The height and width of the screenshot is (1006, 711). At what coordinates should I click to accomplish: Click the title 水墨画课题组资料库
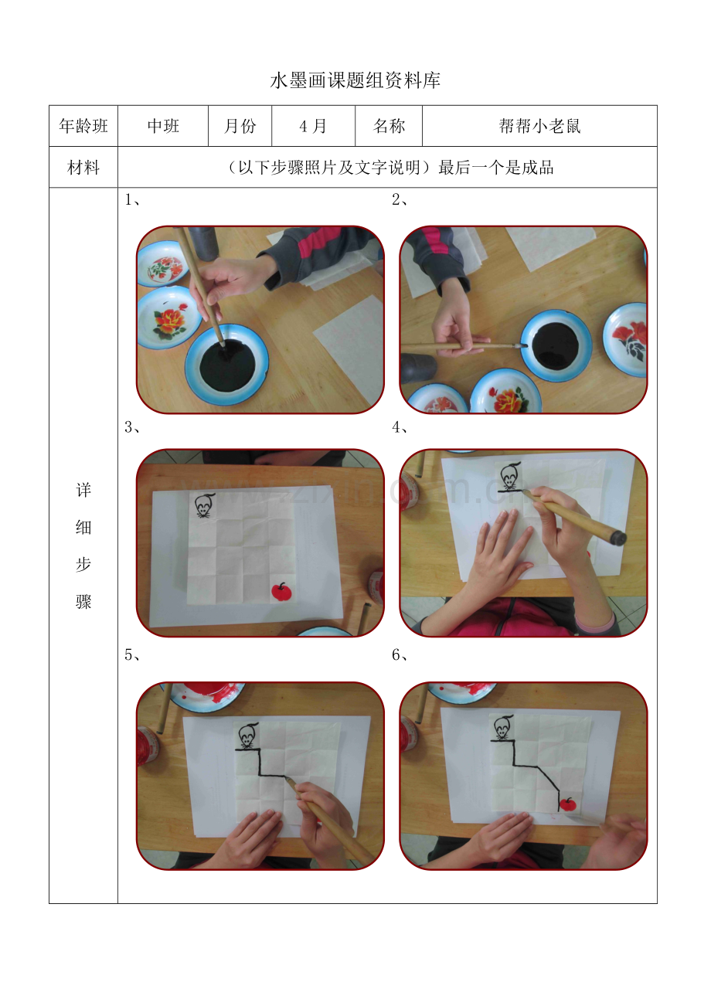(355, 81)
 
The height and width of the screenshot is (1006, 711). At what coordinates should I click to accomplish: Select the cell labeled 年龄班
(83, 127)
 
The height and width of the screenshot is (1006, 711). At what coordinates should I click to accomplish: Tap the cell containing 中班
(163, 127)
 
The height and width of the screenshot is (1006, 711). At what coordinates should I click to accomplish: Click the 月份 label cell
(240, 127)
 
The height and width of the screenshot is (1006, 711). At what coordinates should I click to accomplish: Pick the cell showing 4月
(313, 127)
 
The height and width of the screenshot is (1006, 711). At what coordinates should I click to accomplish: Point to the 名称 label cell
(389, 127)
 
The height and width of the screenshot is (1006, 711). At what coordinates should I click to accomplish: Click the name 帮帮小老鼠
(539, 127)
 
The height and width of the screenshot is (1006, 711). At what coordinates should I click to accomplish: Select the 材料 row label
(83, 168)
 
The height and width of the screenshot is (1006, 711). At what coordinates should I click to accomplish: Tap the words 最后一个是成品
(496, 168)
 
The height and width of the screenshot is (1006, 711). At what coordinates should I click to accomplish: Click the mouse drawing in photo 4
(509, 478)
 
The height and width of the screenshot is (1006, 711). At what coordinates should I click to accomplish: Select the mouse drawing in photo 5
(247, 736)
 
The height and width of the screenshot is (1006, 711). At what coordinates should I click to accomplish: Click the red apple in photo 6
(568, 804)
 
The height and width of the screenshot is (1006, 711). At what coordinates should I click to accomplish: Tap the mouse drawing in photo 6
(503, 728)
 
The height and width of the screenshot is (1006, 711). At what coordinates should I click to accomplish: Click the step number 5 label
(131, 655)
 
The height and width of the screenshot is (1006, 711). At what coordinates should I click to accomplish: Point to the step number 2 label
(399, 201)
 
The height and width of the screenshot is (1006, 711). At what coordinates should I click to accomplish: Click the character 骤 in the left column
(83, 602)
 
